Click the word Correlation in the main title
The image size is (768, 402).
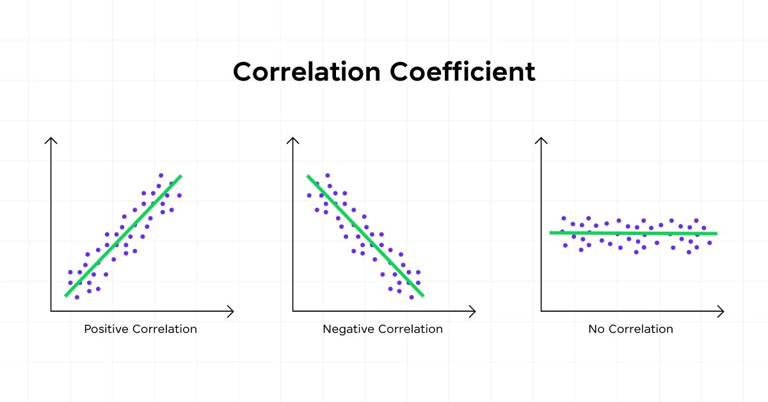[306, 72]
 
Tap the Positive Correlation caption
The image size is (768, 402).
[140, 329]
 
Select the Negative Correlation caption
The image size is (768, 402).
[382, 329]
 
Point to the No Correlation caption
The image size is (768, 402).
[630, 329]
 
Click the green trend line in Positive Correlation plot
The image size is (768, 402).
[123, 236]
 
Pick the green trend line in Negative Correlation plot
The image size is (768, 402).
[365, 236]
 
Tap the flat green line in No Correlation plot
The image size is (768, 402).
[634, 233]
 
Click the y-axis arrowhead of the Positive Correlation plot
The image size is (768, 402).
[51, 140]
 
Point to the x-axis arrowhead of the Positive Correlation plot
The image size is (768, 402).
[231, 312]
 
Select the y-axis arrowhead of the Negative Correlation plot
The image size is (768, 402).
[293, 140]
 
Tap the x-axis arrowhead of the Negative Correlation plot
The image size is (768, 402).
[473, 312]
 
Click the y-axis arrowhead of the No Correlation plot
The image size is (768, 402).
[541, 140]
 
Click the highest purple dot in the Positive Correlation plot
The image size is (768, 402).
[161, 175]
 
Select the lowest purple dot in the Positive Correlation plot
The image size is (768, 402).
[77, 297]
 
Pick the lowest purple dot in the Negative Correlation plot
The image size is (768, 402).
[411, 297]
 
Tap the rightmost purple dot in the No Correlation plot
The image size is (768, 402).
[710, 243]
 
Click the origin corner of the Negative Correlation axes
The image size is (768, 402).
[293, 312]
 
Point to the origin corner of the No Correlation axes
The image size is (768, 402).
[541, 312]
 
